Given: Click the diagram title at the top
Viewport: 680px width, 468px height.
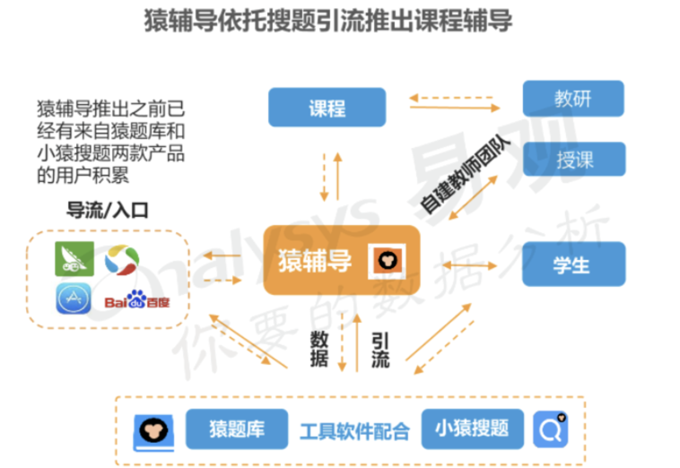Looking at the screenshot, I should (328, 21).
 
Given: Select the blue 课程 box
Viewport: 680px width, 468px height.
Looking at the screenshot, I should (327, 108).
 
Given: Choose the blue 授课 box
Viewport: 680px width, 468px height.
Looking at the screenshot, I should (573, 161).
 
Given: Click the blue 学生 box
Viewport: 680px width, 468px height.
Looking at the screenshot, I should (572, 264).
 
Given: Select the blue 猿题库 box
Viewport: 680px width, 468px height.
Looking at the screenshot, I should (236, 429).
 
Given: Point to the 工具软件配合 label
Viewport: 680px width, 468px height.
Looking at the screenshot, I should (353, 431).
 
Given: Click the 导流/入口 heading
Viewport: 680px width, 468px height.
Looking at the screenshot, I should (108, 212).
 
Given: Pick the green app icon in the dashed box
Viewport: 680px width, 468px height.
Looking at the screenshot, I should (72, 258).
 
